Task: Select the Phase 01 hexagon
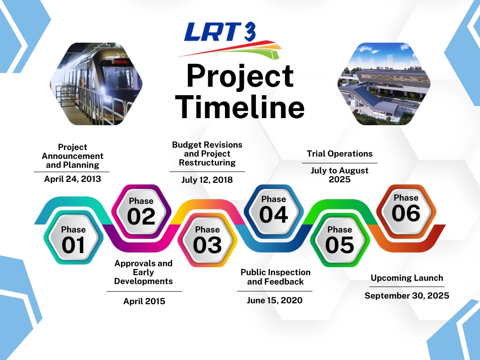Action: [x=73, y=238]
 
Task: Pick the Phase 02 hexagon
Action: [x=141, y=211]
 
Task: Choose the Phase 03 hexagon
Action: [x=208, y=240]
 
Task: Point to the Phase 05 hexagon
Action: [x=340, y=240]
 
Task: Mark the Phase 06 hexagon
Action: [x=406, y=211]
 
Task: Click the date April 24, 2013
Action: [x=73, y=179]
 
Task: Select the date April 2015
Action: [x=144, y=301]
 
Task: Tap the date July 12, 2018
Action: [x=207, y=180]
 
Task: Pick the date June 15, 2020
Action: [x=275, y=300]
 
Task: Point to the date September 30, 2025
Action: [x=407, y=296]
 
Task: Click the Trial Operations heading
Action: [x=339, y=154]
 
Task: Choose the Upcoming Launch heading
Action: [x=407, y=278]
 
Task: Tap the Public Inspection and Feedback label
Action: [x=275, y=277]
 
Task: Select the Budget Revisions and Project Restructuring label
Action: [x=207, y=154]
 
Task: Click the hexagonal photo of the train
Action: [x=96, y=84]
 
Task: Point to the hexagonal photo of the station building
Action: [x=384, y=84]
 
